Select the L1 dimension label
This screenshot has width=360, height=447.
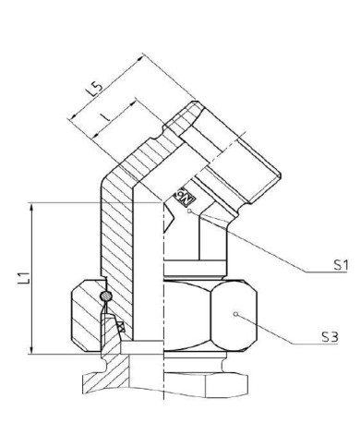(x=24, y=278)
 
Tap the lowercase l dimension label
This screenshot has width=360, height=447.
(x=105, y=116)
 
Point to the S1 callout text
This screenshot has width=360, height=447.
(x=341, y=265)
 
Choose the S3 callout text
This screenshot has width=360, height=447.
(x=330, y=337)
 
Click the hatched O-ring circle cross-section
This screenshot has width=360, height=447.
(x=105, y=296)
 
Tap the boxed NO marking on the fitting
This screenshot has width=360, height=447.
(x=184, y=195)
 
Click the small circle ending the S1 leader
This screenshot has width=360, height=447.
(x=190, y=211)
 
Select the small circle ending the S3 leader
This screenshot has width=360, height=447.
(x=235, y=314)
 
